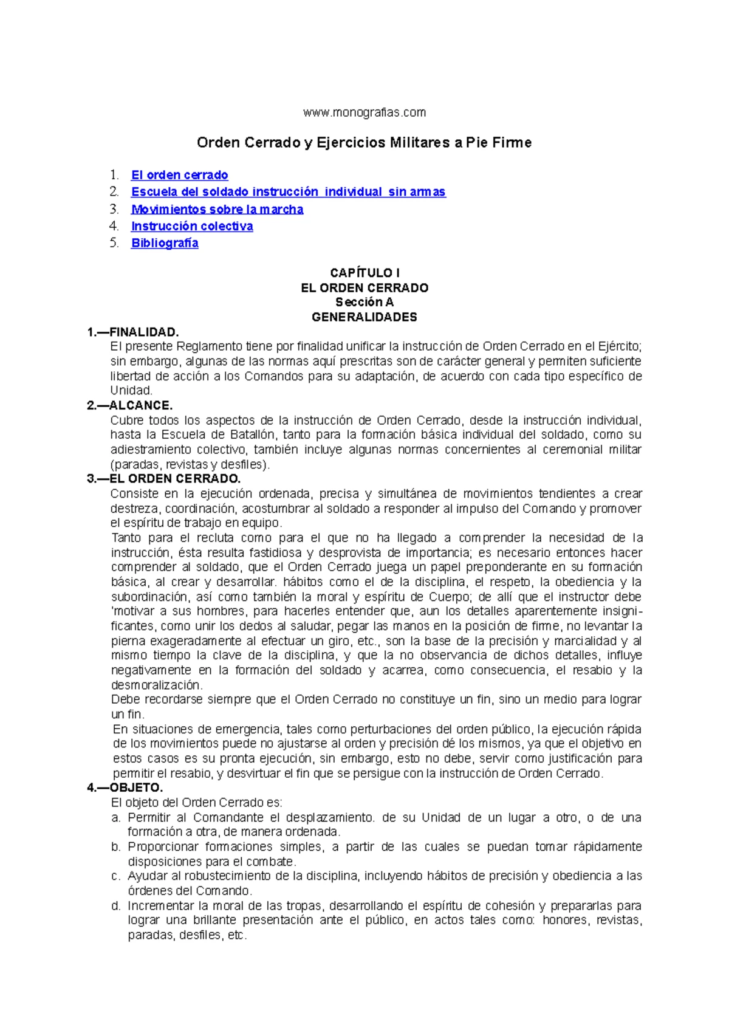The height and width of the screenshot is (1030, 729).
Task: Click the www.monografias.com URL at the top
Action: pos(364,112)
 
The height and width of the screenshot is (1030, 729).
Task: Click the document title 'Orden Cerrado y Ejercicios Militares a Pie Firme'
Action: pos(364,143)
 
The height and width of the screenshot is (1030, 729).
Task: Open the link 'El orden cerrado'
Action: pos(179,175)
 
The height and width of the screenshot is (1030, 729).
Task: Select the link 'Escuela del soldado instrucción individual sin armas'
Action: pos(288,192)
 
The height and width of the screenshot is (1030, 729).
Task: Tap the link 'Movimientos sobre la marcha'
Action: pos(217,209)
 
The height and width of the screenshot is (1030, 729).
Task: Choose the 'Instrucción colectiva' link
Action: pos(192,226)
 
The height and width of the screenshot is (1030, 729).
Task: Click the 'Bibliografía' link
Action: pos(165,243)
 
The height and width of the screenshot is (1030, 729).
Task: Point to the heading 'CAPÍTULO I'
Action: pos(364,273)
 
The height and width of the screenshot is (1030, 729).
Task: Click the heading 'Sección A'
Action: pos(364,302)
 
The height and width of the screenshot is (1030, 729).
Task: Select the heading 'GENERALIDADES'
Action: pos(364,317)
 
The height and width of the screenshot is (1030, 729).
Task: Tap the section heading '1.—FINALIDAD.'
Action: pos(133,332)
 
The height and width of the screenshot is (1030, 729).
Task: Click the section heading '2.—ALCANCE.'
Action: pos(130,405)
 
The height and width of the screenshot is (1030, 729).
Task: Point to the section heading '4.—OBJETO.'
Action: pos(125,788)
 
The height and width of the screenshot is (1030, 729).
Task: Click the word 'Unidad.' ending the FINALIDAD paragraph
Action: pos(131,391)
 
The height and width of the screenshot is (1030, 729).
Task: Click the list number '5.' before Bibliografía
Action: pos(115,243)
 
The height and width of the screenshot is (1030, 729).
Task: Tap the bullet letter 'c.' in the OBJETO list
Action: pos(116,876)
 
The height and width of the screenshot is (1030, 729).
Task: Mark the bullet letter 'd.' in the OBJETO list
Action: pos(116,905)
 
